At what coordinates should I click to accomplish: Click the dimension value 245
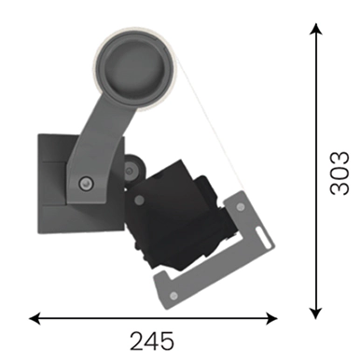[152, 341]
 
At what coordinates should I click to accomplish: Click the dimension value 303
[339, 174]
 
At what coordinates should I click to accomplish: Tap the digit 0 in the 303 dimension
[339, 174]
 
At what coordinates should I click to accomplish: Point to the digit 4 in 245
[152, 341]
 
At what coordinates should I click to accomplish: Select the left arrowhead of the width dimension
[35, 318]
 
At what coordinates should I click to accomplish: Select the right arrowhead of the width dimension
[271, 318]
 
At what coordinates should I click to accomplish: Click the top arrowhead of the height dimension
[316, 29]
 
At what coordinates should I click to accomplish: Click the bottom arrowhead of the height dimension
[316, 313]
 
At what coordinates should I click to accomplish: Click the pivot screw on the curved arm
[86, 183]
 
